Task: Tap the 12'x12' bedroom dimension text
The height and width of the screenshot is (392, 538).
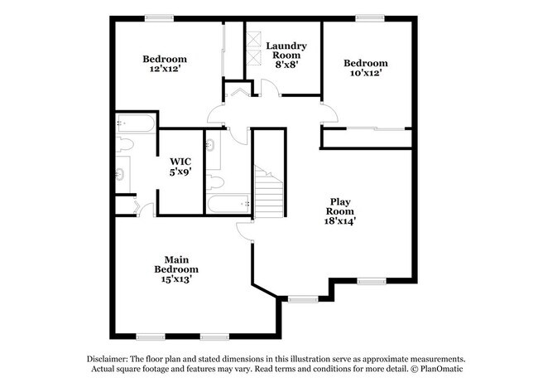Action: pos(165,70)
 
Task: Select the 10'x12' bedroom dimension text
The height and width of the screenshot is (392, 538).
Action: pos(365,74)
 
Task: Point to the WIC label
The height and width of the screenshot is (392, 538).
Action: pos(180,162)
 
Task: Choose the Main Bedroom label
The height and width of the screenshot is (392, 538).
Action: pos(176,263)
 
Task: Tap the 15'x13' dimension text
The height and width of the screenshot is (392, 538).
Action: pos(176,280)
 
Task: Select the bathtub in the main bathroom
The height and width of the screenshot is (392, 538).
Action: pos(136,125)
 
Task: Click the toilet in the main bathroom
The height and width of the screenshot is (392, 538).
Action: pos(125,146)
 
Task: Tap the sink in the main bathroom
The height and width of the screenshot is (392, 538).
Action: pos(121,174)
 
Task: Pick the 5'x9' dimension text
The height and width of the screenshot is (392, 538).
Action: pos(180,173)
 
